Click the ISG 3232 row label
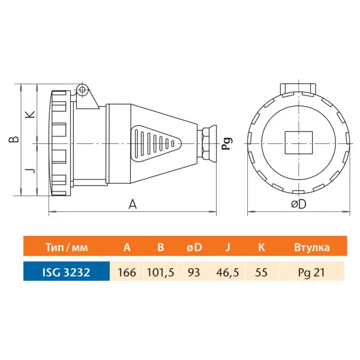pos(67,272)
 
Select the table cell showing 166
pos(127,272)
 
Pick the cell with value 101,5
pos(160,272)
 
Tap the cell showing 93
pos(194,272)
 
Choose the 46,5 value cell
pos(227,272)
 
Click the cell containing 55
pos(261,272)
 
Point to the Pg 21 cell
pos(311,272)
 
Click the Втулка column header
pos(312,247)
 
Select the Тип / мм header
pos(67,247)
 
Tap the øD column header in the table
pos(194,247)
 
